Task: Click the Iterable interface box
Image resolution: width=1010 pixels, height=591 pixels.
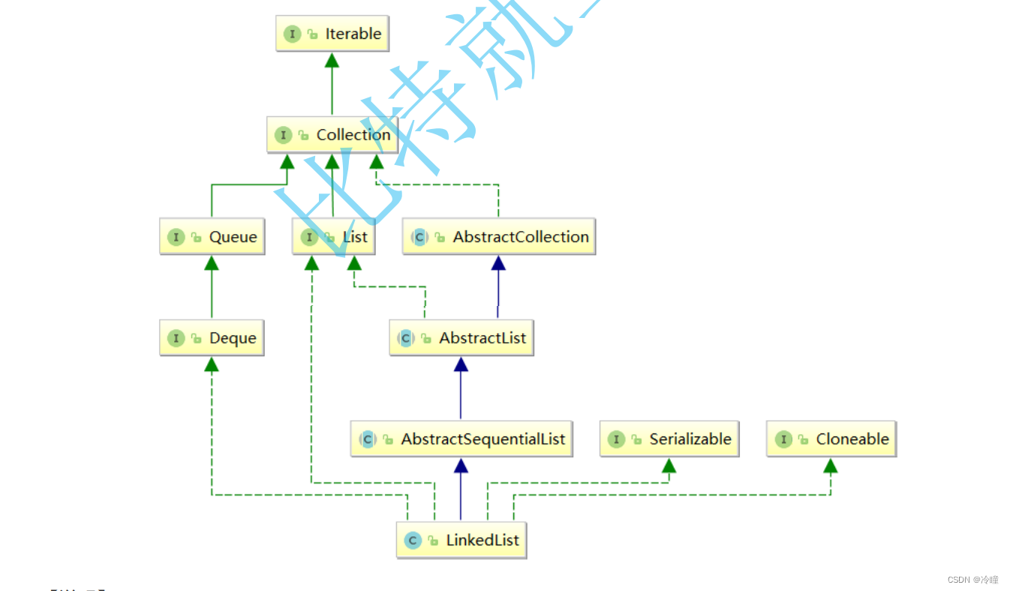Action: pyautogui.click(x=332, y=34)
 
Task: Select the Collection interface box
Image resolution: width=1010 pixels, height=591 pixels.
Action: pyautogui.click(x=332, y=135)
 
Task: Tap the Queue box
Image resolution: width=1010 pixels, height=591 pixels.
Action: pyautogui.click(x=212, y=237)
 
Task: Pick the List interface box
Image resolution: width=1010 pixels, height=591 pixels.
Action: pyautogui.click(x=334, y=237)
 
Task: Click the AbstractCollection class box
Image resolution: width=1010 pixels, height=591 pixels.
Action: pyautogui.click(x=499, y=237)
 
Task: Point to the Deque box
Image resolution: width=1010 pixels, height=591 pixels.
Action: pyautogui.click(x=212, y=338)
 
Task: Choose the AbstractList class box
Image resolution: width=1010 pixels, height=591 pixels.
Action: pyautogui.click(x=461, y=338)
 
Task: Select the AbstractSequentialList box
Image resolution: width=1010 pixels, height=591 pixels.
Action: pyautogui.click(x=461, y=439)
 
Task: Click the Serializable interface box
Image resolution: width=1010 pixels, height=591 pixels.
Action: pyautogui.click(x=669, y=439)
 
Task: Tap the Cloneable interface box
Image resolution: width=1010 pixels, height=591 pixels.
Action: pyautogui.click(x=831, y=439)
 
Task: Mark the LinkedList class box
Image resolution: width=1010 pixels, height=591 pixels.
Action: pyautogui.click(x=461, y=540)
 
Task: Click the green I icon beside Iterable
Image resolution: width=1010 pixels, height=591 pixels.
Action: pyautogui.click(x=293, y=34)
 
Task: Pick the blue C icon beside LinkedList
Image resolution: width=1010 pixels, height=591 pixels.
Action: pyautogui.click(x=413, y=540)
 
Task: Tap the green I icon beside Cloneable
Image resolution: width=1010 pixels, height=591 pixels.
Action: pyautogui.click(x=783, y=439)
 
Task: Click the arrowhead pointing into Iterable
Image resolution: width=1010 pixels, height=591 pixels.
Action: pyautogui.click(x=332, y=61)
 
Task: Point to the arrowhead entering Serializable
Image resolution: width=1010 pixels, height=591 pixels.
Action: pyautogui.click(x=669, y=466)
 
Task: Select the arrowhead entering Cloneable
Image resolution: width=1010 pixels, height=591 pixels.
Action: pyautogui.click(x=830, y=466)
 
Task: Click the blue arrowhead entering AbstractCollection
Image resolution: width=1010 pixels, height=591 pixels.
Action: pyautogui.click(x=497, y=263)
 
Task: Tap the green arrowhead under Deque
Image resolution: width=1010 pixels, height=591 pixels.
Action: pyautogui.click(x=212, y=364)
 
